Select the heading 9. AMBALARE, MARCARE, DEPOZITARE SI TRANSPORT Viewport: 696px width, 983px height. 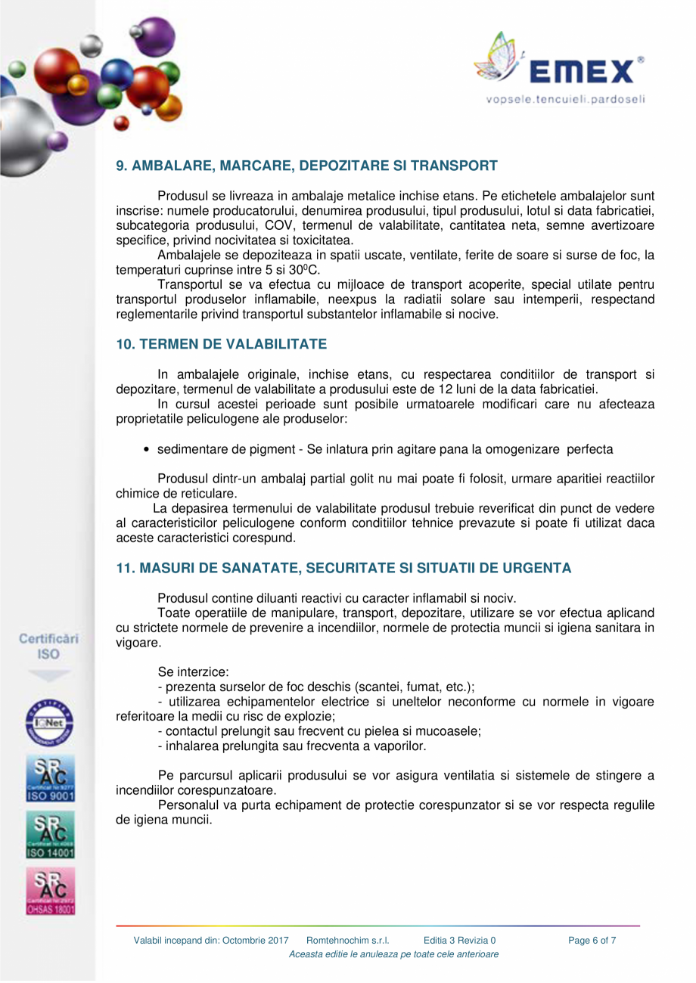(306, 166)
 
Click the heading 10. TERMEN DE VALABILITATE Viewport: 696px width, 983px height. (221, 344)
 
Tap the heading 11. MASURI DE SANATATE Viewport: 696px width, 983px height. (343, 568)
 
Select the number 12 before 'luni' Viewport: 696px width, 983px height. (446, 390)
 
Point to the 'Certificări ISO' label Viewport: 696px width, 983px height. (48, 646)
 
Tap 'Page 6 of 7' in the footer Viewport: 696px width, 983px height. (592, 941)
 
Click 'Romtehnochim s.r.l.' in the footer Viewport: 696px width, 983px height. (347, 941)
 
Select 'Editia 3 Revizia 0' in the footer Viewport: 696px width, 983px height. (459, 941)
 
